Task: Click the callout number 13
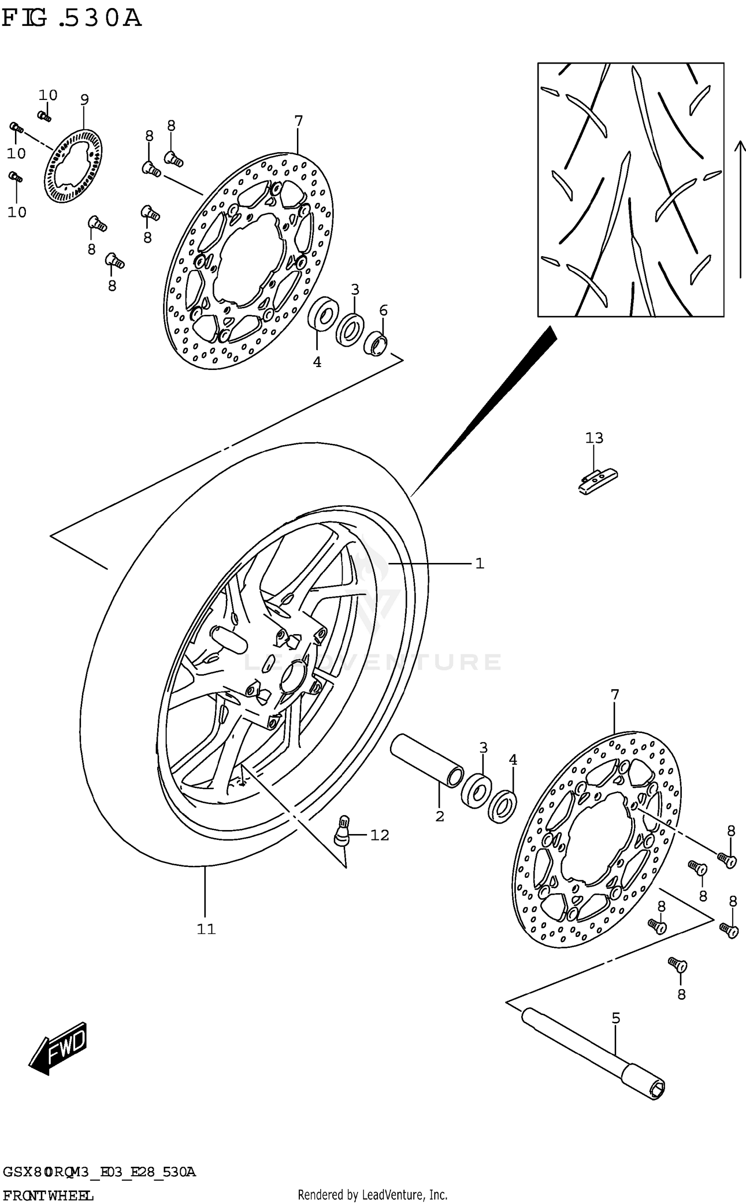point(594,438)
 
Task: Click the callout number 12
point(379,835)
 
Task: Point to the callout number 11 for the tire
point(205,929)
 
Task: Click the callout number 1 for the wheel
point(479,563)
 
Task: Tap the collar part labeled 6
point(375,344)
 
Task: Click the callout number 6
point(383,311)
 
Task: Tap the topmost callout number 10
point(48,95)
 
